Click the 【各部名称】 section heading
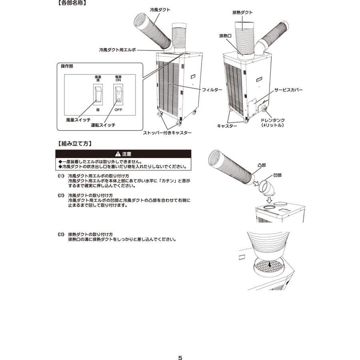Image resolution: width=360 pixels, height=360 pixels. pyautogui.click(x=71, y=4)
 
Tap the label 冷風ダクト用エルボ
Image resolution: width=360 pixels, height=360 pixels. pyautogui.click(x=118, y=50)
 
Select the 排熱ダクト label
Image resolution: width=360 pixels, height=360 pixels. pyautogui.click(x=242, y=12)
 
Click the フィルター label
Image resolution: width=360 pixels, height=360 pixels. pyautogui.click(x=212, y=90)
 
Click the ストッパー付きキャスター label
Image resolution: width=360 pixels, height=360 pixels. pyautogui.click(x=167, y=133)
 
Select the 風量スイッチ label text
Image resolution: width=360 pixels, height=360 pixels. pyautogui.click(x=78, y=120)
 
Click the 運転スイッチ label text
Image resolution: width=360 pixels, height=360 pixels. pyautogui.click(x=103, y=125)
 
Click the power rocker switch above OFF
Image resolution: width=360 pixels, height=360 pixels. pyautogui.click(x=118, y=94)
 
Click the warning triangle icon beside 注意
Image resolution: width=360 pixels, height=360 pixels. pyautogui.click(x=117, y=154)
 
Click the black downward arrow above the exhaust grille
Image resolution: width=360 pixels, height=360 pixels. pyautogui.click(x=271, y=264)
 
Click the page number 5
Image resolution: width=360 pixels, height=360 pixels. pyautogui.click(x=180, y=346)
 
